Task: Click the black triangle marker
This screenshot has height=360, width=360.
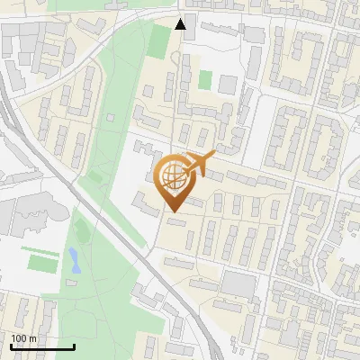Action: click(x=181, y=24)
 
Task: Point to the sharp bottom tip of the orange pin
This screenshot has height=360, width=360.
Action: click(x=172, y=211)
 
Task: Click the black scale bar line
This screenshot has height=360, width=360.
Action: click(x=42, y=346)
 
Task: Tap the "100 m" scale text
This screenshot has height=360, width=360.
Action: click(x=23, y=338)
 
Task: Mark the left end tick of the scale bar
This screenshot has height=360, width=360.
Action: click(x=12, y=345)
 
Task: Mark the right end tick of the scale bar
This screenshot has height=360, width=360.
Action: click(x=74, y=345)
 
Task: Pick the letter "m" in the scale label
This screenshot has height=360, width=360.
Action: click(x=32, y=338)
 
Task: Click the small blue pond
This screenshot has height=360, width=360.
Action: click(x=73, y=260)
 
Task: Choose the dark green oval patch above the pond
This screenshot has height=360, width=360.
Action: click(x=81, y=231)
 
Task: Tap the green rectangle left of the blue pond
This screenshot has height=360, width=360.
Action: click(x=40, y=263)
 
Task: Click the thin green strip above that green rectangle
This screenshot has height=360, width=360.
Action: click(x=39, y=249)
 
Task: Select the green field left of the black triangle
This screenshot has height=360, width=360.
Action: click(x=158, y=39)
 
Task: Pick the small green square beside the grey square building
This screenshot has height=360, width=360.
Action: click(x=205, y=79)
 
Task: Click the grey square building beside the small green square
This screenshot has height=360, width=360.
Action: click(x=228, y=84)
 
